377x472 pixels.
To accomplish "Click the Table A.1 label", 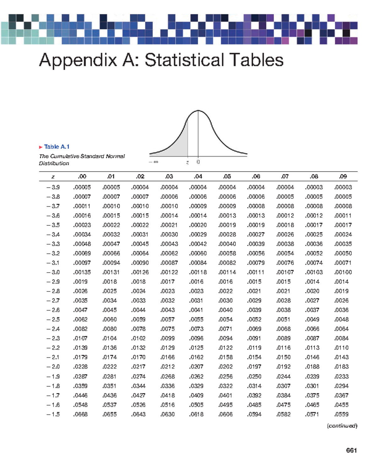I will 57,147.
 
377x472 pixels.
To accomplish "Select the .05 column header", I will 227,177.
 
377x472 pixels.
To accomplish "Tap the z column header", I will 53,177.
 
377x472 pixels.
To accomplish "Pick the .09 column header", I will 343,177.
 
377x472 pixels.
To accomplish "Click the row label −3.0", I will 53,272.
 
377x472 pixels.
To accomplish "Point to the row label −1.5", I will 53,414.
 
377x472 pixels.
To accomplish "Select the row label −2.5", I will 53,319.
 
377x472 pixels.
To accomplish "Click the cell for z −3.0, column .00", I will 82,272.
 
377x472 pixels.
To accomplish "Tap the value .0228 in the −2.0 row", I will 80,367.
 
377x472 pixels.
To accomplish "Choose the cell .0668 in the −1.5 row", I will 80,414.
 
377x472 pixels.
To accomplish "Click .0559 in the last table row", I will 341,414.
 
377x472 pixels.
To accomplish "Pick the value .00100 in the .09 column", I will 343,272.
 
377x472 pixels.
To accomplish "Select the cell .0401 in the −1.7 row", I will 226,395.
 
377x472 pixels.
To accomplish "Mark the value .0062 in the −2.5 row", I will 80,319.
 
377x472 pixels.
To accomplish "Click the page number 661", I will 351,451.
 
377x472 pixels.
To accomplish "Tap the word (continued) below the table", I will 342,426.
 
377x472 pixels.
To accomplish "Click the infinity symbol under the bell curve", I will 156,162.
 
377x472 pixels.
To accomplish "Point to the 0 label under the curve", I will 198,162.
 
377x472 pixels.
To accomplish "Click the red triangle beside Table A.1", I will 41,147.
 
